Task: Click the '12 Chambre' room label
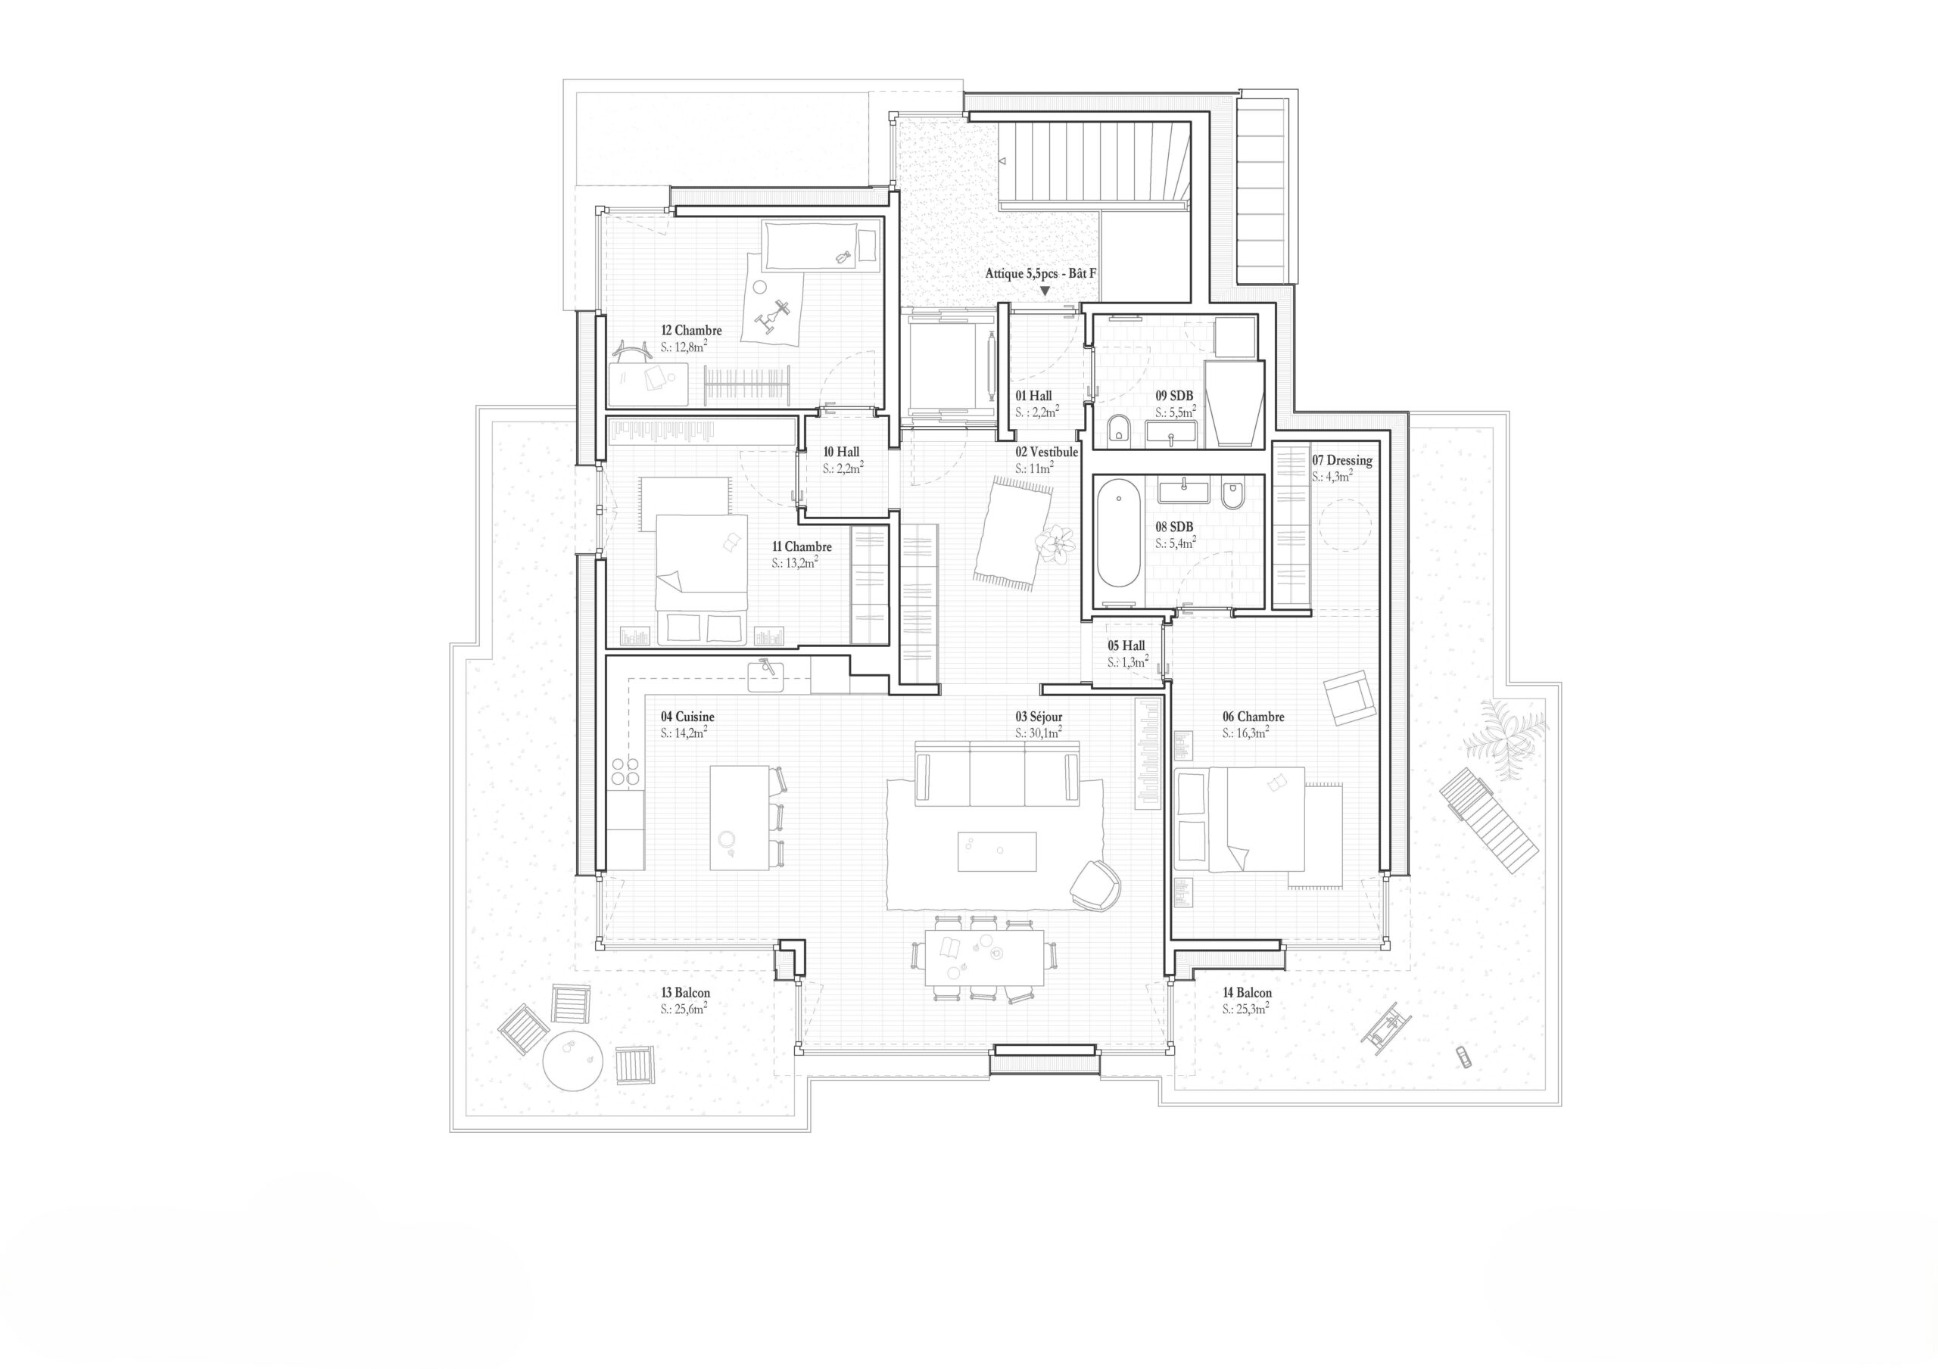click(691, 330)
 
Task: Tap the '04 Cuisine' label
click(687, 717)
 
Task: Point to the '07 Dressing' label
click(1341, 460)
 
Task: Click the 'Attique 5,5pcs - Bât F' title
click(1040, 273)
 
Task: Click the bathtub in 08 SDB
click(1117, 533)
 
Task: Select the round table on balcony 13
click(572, 1059)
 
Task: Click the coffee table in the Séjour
click(997, 851)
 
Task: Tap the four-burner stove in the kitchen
click(625, 771)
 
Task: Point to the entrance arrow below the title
click(1044, 291)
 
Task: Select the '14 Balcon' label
click(1247, 993)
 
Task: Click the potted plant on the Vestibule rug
click(1056, 541)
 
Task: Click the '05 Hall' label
click(1126, 646)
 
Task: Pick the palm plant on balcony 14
click(1506, 730)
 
